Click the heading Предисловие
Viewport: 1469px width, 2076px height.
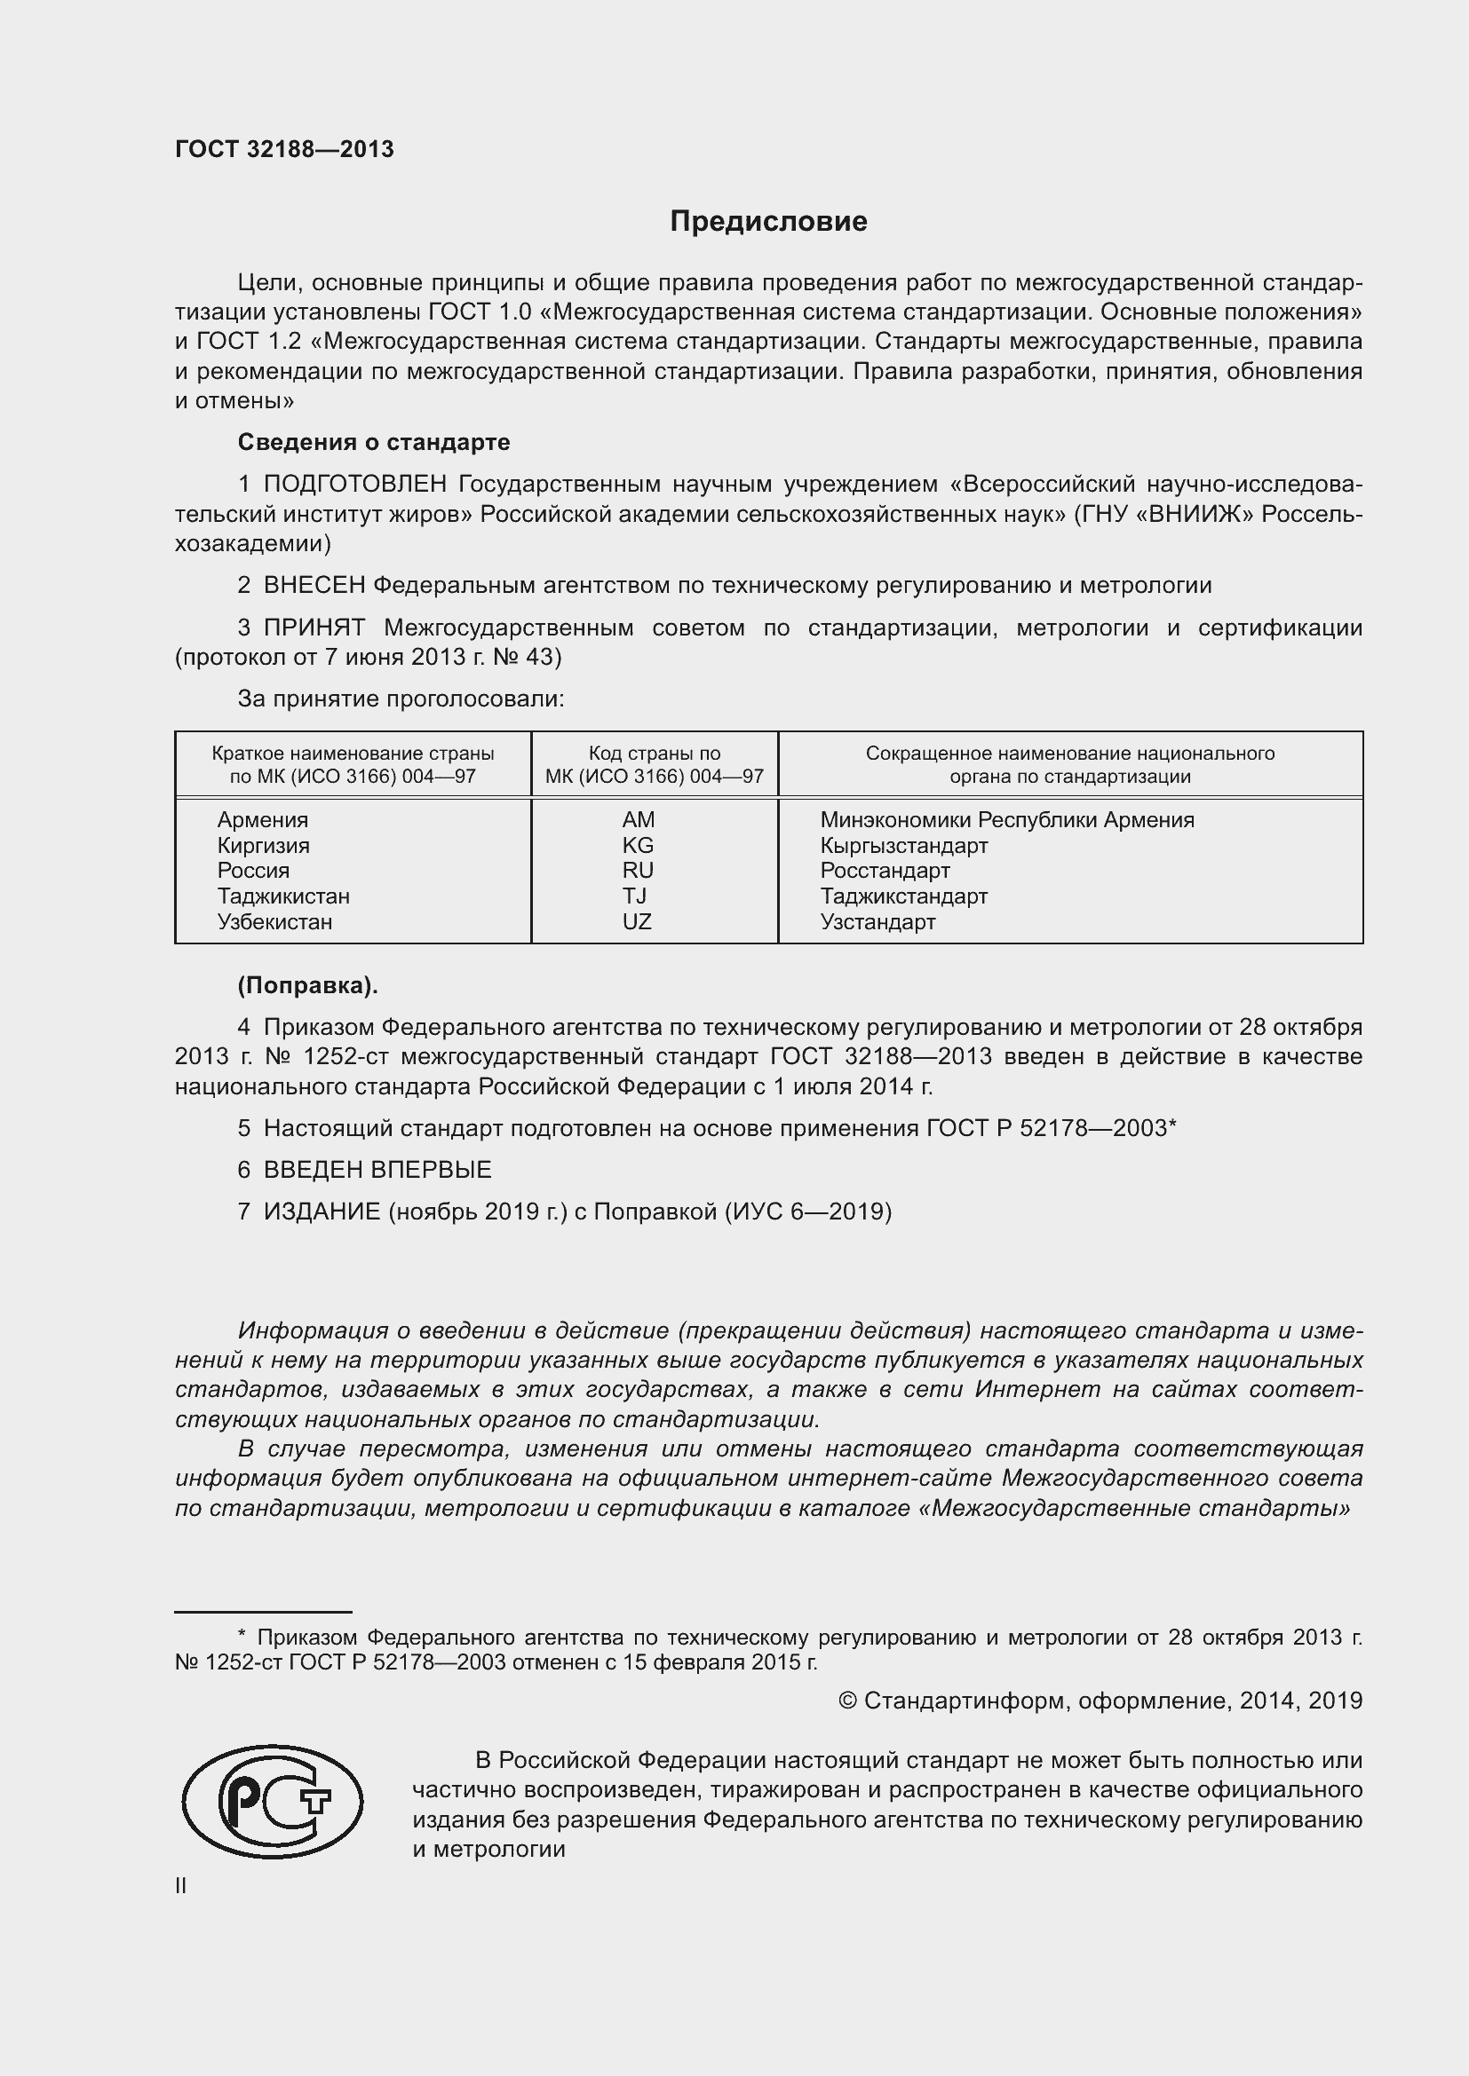click(x=768, y=222)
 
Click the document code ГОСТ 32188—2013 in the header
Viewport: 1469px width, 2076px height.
click(x=284, y=149)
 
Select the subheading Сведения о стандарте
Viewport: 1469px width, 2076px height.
click(x=374, y=442)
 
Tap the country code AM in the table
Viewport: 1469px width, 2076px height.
click(x=638, y=820)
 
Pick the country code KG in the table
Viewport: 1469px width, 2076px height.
click(x=638, y=846)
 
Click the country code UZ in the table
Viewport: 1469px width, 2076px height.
click(x=637, y=922)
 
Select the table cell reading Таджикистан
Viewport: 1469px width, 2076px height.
click(x=283, y=896)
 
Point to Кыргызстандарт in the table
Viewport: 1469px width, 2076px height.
click(x=903, y=846)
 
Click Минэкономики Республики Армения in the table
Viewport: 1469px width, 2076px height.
click(x=1007, y=820)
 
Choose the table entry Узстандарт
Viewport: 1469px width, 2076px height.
click(x=877, y=922)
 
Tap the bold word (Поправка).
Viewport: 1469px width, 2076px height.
click(x=307, y=985)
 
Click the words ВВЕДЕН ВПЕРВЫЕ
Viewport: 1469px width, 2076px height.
click(x=377, y=1170)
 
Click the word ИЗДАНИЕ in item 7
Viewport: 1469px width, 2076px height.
click(x=322, y=1212)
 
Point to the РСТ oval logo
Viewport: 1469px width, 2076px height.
click(x=273, y=1802)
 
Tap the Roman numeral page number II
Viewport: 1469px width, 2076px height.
click(x=181, y=1886)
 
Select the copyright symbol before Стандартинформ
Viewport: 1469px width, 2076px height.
click(x=847, y=1701)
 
